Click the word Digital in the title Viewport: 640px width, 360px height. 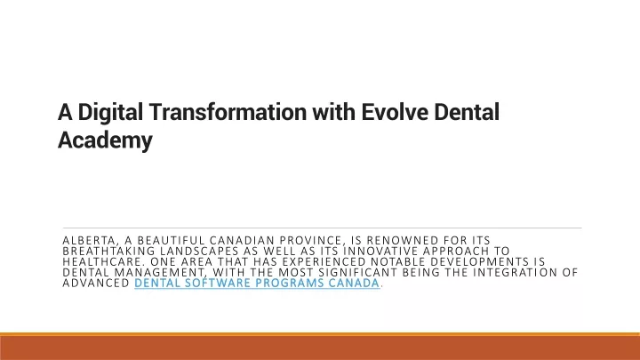point(110,113)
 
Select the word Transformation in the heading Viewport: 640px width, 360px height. point(228,112)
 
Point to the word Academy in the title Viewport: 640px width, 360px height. point(105,140)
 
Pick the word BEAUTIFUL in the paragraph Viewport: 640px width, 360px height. point(171,240)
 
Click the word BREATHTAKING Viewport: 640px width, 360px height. point(108,251)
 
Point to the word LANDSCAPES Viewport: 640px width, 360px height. point(199,251)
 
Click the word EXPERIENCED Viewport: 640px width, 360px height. point(324,261)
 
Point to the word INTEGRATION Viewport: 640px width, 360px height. point(514,272)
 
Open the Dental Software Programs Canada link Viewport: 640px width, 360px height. point(257,284)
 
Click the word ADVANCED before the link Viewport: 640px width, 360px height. point(96,283)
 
